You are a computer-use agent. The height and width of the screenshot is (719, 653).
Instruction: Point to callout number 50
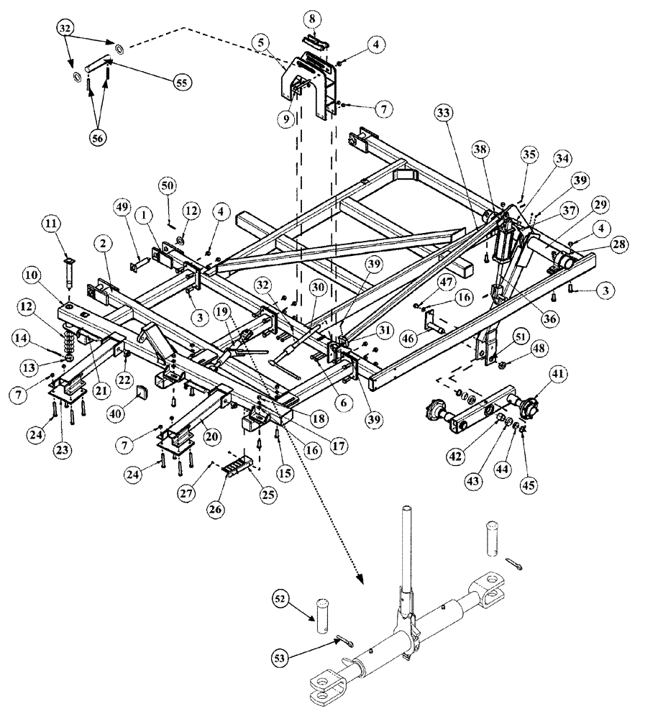coord(167,186)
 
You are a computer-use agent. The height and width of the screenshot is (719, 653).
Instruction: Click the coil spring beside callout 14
coord(70,339)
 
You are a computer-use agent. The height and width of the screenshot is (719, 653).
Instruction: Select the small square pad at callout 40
coord(142,393)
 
